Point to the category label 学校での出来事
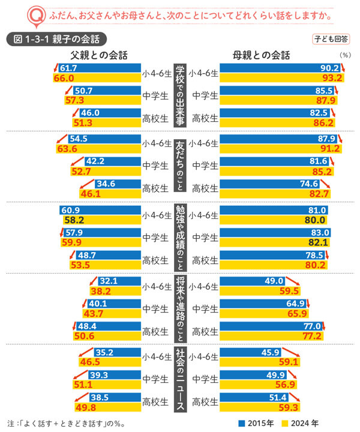[179, 95]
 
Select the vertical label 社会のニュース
[179, 379]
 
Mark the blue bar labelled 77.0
[273, 326]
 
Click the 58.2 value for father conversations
[73, 220]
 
